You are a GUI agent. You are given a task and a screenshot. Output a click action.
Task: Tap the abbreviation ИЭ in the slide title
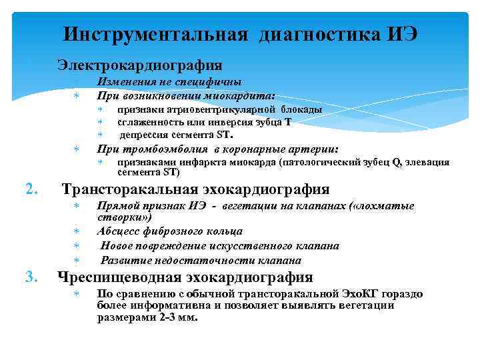coord(402,34)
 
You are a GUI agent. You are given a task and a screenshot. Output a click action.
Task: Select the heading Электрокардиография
coord(140,65)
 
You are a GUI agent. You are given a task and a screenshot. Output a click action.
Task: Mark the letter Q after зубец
coord(397,162)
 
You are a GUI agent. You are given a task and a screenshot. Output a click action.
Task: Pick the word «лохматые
coord(383,206)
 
